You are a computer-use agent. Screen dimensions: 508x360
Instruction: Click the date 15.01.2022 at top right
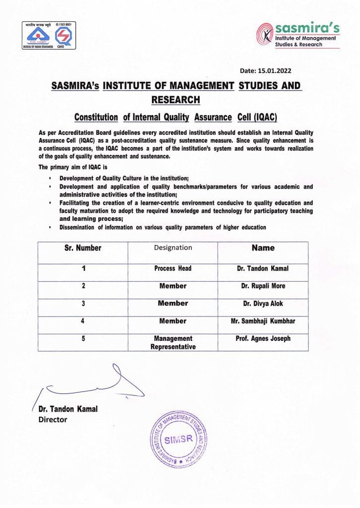[x=281, y=71]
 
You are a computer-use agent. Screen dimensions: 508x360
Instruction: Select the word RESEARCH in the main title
[x=175, y=100]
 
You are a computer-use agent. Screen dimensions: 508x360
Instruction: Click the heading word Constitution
[x=96, y=118]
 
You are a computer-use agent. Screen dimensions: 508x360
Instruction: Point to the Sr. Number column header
[x=83, y=248]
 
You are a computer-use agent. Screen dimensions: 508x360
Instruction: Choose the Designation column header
[x=173, y=248]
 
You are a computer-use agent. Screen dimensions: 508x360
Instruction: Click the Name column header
[x=263, y=248]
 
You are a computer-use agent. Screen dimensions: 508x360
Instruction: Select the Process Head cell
[x=173, y=268]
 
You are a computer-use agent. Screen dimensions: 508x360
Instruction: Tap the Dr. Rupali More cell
[x=263, y=286]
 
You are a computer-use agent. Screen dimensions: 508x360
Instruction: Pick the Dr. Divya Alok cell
[x=263, y=304]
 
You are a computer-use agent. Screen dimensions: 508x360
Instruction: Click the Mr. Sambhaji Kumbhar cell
[x=263, y=321]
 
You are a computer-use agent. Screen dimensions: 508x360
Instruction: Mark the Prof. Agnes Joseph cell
[x=263, y=338]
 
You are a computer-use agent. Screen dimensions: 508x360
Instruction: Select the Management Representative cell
[x=173, y=342]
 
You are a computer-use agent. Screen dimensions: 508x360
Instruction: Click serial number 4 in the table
[x=83, y=321]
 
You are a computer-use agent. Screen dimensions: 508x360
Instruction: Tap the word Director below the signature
[x=53, y=420]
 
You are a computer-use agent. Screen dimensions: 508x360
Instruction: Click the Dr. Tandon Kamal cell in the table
[x=263, y=268]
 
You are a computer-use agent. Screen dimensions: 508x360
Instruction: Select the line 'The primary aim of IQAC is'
[x=72, y=167]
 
